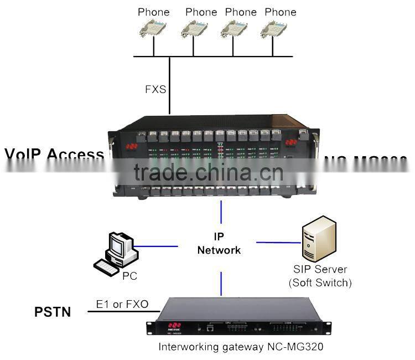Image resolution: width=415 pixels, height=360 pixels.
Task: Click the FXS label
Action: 155,89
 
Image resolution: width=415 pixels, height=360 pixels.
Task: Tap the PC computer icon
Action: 116,254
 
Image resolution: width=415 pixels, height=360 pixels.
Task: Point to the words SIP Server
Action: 320,269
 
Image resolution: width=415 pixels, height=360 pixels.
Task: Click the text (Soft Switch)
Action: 320,282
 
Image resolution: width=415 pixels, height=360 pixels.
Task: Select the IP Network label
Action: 220,243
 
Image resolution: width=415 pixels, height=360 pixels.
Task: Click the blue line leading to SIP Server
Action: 278,242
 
